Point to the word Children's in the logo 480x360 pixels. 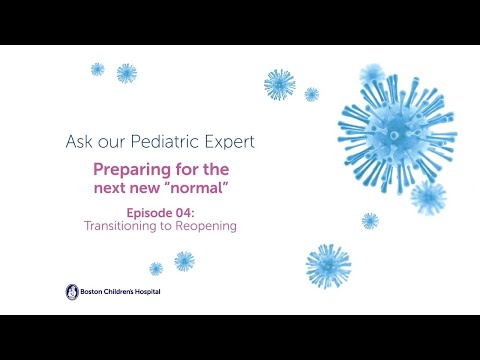tap(117, 292)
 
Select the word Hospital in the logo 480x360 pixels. tap(146, 292)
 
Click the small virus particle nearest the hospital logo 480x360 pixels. tap(156, 268)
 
